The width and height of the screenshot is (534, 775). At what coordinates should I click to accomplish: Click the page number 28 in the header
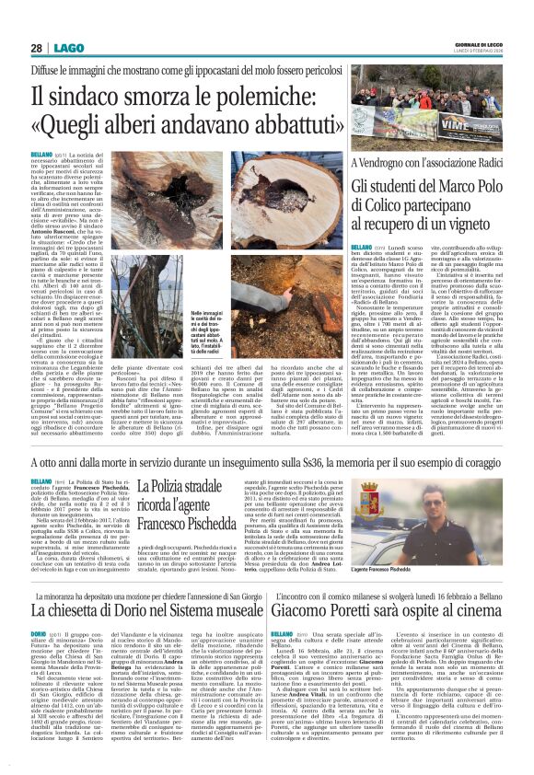[x=36, y=48]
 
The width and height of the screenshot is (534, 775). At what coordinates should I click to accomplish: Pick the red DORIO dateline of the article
[x=41, y=635]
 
